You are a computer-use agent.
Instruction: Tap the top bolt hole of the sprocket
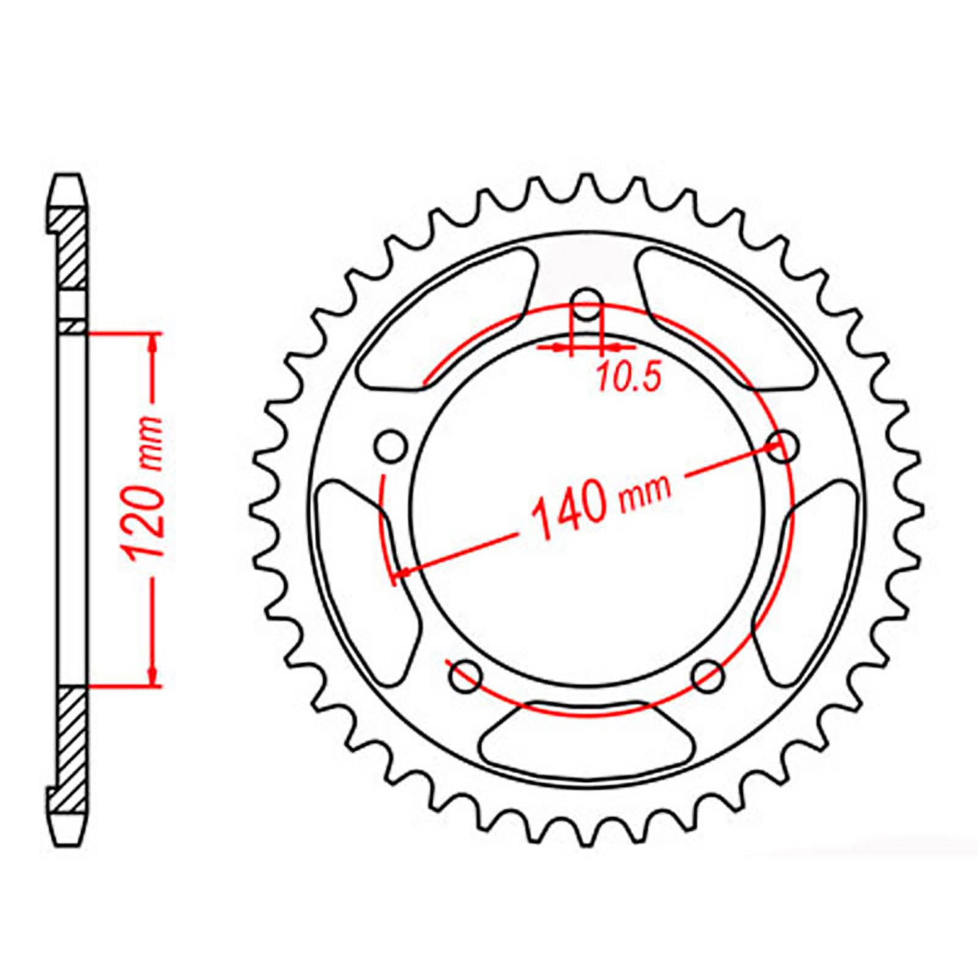point(587,304)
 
